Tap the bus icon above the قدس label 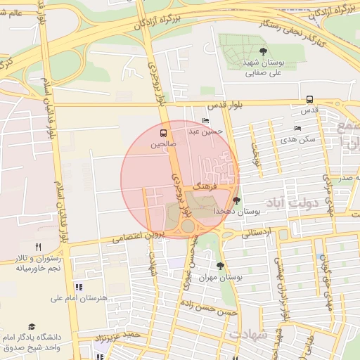pyautogui.click(x=309, y=100)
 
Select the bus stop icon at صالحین pyautogui.click(x=164, y=132)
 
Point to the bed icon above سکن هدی pyautogui.click(x=297, y=129)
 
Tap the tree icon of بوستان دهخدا pyautogui.click(x=236, y=200)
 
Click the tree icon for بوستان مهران pyautogui.click(x=221, y=266)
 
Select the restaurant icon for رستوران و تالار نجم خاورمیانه pyautogui.click(x=38, y=247)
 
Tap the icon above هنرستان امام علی pyautogui.click(x=78, y=287)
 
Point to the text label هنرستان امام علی pyautogui.click(x=79, y=298)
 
